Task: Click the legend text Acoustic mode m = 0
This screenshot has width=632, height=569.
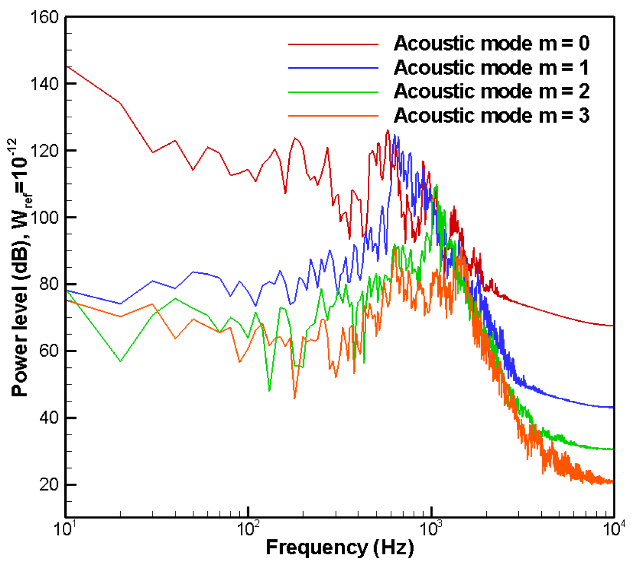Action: click(491, 44)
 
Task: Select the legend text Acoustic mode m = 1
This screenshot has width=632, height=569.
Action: click(491, 68)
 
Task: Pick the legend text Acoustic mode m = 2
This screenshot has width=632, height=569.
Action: click(491, 92)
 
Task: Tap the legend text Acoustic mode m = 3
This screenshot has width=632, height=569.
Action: click(491, 116)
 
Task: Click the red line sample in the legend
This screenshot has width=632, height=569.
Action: click(333, 44)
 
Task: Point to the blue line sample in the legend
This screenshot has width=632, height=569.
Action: click(333, 68)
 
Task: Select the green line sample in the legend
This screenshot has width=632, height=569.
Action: click(333, 92)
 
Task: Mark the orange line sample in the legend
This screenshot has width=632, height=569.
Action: click(333, 116)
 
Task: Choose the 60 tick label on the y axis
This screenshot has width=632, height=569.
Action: click(48, 351)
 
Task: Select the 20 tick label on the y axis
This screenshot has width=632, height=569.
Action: click(48, 485)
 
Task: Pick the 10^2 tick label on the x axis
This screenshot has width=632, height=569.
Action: click(248, 529)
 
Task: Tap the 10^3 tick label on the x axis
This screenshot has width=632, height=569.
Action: click(431, 529)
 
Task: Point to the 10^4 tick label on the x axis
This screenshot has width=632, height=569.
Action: click(614, 529)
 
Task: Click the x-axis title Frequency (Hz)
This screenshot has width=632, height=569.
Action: click(340, 547)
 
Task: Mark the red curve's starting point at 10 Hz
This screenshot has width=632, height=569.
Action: click(66, 67)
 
